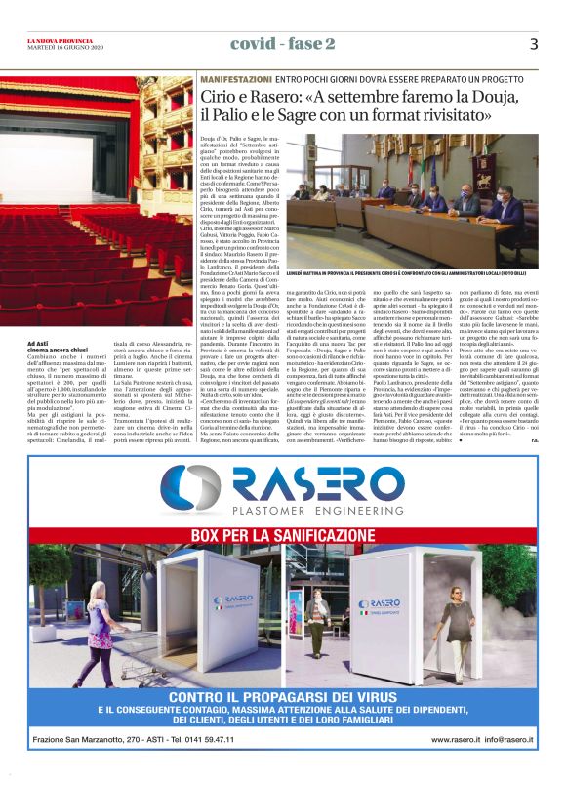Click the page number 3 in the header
[x=533, y=44]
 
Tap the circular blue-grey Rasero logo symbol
[x=190, y=489]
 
